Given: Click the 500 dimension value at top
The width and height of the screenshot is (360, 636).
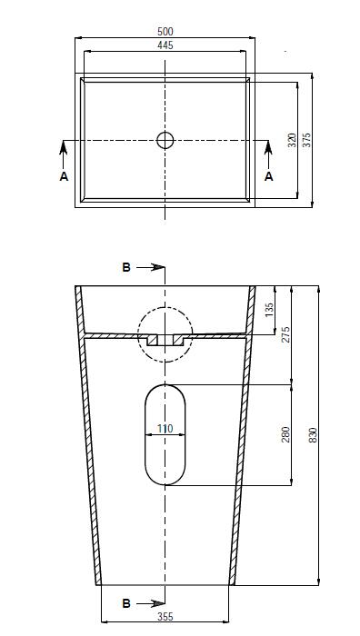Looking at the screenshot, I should point(165,32).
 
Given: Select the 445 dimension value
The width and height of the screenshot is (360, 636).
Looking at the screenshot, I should point(165,44).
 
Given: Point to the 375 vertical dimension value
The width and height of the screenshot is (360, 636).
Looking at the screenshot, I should point(307,140).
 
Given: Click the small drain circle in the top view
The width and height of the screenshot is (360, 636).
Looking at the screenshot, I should point(165,140).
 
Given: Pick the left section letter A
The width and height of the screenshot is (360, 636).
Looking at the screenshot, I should point(64,176).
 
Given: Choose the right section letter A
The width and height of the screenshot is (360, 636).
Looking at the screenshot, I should point(268,176).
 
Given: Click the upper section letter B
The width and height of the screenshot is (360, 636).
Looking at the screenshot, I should point(126,267).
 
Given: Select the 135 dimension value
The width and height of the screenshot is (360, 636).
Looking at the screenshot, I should point(269,310).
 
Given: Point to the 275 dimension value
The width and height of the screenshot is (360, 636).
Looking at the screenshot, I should point(285,333).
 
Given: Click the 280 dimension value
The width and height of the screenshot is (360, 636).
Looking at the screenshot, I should point(285,434).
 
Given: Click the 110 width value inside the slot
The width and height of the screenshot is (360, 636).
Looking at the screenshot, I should point(165,429).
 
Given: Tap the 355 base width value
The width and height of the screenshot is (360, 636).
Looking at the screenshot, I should point(165,617).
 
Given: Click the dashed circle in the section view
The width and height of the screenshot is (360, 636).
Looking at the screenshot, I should point(165,333).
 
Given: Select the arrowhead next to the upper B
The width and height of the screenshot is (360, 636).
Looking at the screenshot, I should point(158,267).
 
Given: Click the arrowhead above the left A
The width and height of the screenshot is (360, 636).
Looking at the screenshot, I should point(64,145).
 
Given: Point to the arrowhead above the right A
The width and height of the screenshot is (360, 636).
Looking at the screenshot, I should point(268,145).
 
